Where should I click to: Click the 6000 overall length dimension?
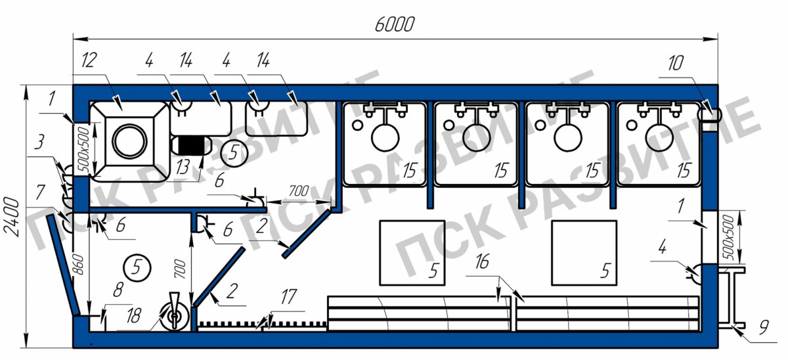[x=395, y=25]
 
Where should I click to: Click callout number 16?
[x=481, y=263]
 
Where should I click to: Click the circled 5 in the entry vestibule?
[x=137, y=266]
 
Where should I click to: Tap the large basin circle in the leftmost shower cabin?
[x=385, y=138]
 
